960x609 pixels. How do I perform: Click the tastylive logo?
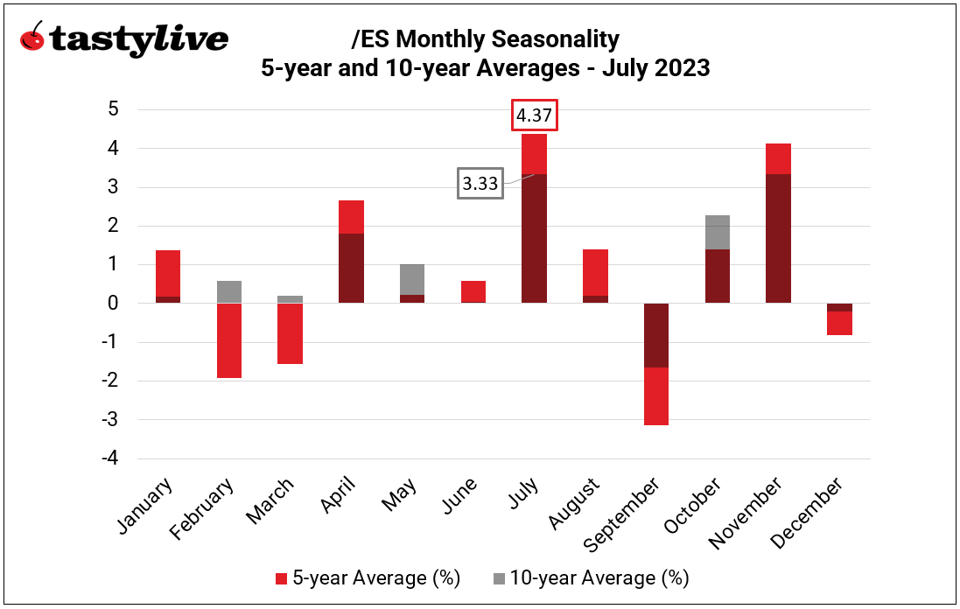(123, 39)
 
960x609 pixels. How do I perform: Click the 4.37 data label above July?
(534, 116)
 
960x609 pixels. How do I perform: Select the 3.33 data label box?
(480, 185)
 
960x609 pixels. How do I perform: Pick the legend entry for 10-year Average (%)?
(590, 578)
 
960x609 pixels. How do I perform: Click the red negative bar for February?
(229, 340)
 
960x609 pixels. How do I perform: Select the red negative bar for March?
(291, 333)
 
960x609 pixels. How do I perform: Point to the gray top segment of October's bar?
(718, 232)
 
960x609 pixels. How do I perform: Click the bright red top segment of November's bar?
(779, 158)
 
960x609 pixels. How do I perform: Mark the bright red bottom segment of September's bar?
(656, 396)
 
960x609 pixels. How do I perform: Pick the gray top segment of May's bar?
(412, 279)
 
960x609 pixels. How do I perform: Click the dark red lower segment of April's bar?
(351, 269)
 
